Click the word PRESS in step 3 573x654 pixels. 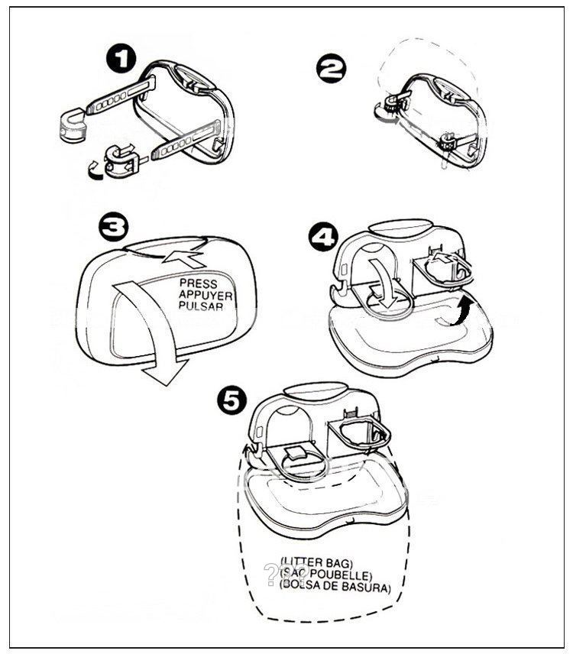199,283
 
